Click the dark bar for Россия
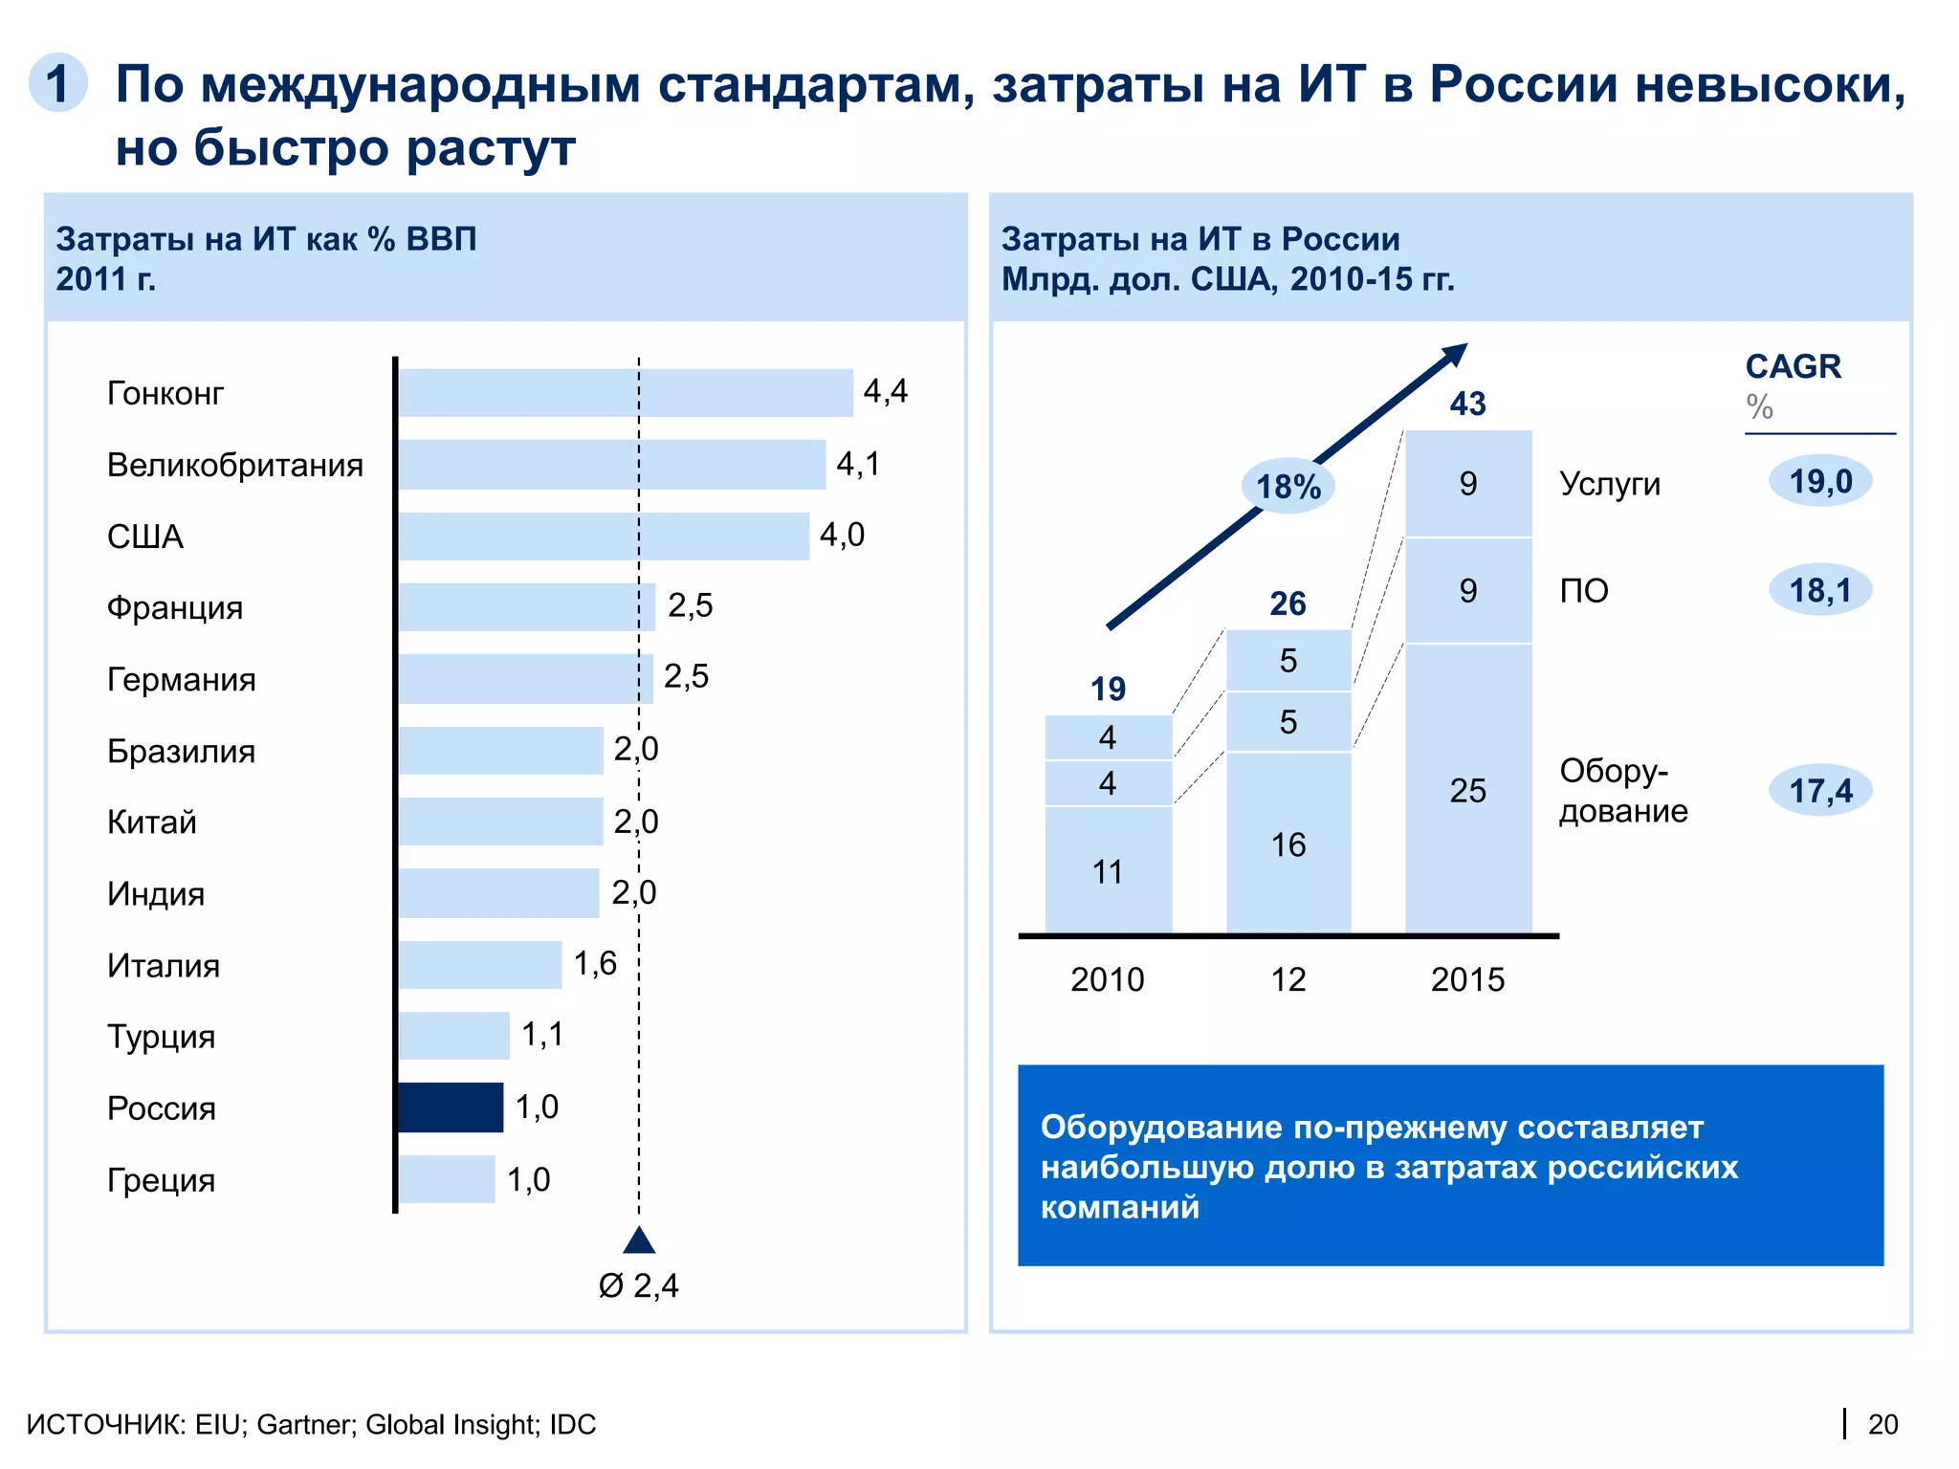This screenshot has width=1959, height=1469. pos(451,1107)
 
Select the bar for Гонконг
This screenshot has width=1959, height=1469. pos(626,392)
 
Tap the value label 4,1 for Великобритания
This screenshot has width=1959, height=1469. pos(858,464)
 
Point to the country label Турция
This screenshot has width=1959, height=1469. pos(161,1037)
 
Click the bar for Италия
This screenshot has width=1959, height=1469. pos(480,965)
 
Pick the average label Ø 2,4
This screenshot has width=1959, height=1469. pos(639,1285)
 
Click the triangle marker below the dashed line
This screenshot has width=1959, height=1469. pos(639,1240)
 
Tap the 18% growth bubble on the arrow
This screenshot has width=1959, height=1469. pos(1288,487)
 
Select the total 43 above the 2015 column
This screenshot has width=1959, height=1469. pos(1467,404)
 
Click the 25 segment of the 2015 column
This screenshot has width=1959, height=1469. pos(1467,790)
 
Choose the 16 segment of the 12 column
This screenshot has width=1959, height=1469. pos(1288,844)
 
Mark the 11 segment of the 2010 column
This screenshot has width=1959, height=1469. pos(1108,871)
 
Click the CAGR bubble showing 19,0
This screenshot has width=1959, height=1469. pos(1820,481)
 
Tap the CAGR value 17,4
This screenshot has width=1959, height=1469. pos(1820,791)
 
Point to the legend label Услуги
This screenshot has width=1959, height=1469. pos(1610,484)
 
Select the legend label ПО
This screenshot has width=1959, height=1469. pos(1584,591)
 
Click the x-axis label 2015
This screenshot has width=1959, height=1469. pos(1467,979)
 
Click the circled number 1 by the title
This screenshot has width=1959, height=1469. pos(58,83)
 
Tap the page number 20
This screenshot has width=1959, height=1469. pos(1882,1424)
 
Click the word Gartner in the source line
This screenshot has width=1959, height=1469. pos(304,1424)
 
